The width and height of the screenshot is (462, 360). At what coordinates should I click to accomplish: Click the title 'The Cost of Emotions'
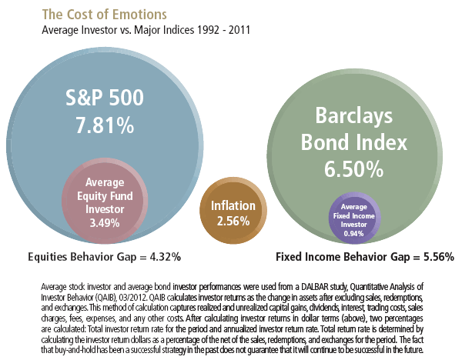coord(86,15)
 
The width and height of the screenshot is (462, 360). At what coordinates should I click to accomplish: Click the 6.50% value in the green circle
coord(353,168)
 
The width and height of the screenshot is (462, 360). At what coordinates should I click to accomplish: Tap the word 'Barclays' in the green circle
coord(353,117)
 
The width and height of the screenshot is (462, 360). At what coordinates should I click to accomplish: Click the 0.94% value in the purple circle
coord(354,233)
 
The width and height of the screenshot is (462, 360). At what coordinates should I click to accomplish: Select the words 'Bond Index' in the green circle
coord(353,143)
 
